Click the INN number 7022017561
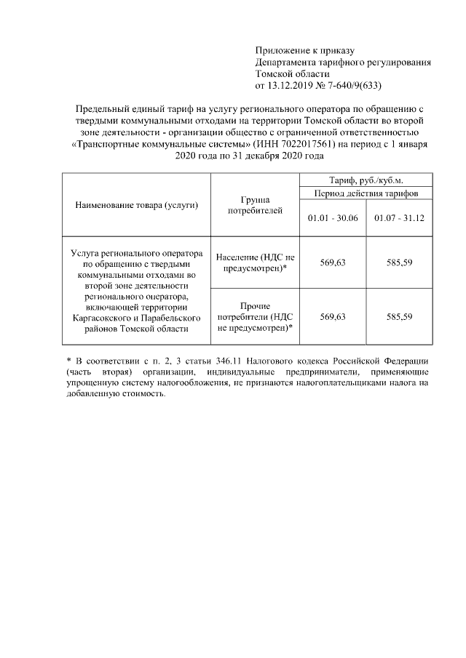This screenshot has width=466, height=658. pyautogui.click(x=307, y=143)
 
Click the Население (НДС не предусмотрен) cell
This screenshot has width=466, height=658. pyautogui.click(x=255, y=262)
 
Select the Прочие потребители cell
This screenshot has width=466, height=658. pyautogui.click(x=255, y=317)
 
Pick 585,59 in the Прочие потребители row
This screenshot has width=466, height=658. pyautogui.click(x=400, y=317)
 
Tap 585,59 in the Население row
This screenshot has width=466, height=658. pyautogui.click(x=400, y=262)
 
